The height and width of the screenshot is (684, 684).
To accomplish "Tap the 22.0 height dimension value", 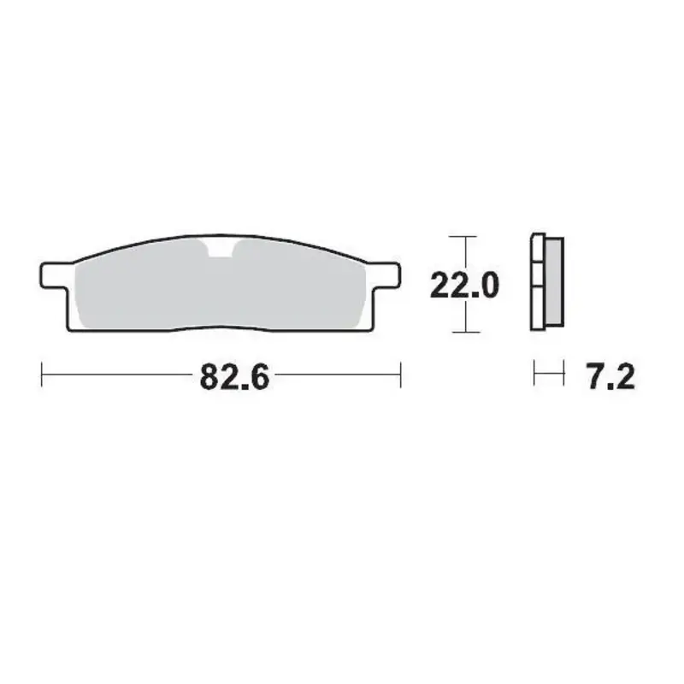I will pos(464,285).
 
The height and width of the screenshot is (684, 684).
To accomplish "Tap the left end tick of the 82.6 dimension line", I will pos(43,374).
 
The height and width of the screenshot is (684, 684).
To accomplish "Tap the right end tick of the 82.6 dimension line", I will pos(401,374).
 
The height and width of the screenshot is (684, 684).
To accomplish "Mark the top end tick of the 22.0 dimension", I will pos(463,236).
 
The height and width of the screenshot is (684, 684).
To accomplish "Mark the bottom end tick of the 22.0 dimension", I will pos(463,332).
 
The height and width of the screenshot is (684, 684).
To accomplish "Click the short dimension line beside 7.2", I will pos(549,374).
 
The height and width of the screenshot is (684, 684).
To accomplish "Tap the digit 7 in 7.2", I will pos(595,375).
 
